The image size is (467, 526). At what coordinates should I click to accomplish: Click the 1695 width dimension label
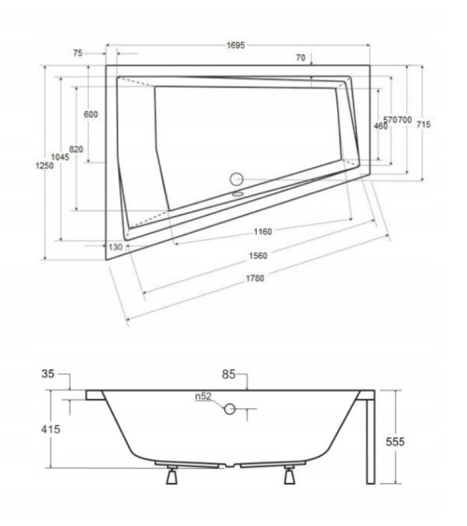tap(235, 45)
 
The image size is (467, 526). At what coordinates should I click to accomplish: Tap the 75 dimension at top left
tap(78, 53)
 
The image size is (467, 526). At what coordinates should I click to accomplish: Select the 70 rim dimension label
tap(301, 58)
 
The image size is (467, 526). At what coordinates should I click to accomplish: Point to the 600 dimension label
tap(91, 114)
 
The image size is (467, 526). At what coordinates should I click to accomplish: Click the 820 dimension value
tap(76, 149)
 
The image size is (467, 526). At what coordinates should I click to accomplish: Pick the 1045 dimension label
tap(61, 157)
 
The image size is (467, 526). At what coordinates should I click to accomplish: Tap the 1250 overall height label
tap(45, 165)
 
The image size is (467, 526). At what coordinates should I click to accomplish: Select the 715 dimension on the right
tap(423, 124)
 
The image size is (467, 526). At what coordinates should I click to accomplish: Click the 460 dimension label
tap(380, 126)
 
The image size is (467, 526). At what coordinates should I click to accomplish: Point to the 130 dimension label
tap(116, 248)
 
